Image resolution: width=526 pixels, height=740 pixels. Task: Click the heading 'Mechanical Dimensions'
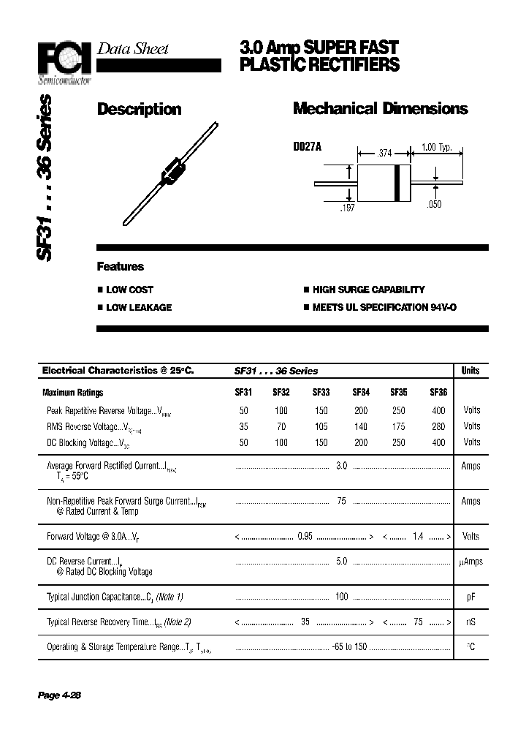coord(380,109)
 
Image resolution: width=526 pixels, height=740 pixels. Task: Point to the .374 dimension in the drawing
coord(384,154)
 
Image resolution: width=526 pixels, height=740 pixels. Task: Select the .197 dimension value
coord(347,209)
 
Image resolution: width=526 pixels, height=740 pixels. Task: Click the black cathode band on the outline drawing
coord(397,182)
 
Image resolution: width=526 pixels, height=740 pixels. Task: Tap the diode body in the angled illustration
coord(172,170)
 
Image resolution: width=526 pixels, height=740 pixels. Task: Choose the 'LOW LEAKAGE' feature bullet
coord(139,308)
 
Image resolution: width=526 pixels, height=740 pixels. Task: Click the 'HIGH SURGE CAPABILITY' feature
coord(368,290)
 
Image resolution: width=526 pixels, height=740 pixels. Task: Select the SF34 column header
coord(361,393)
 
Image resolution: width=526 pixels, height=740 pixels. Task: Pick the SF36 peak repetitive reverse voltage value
coord(438,411)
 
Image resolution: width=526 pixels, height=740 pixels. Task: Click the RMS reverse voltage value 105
coord(321,426)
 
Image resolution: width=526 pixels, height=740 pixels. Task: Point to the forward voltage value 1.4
coord(418,537)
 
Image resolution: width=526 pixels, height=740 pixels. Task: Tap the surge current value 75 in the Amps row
coord(341,502)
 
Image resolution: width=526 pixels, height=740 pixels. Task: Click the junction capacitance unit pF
coord(471,597)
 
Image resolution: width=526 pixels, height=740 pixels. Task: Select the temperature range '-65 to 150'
coord(349,647)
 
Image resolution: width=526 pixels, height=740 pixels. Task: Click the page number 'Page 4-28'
coord(59,695)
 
